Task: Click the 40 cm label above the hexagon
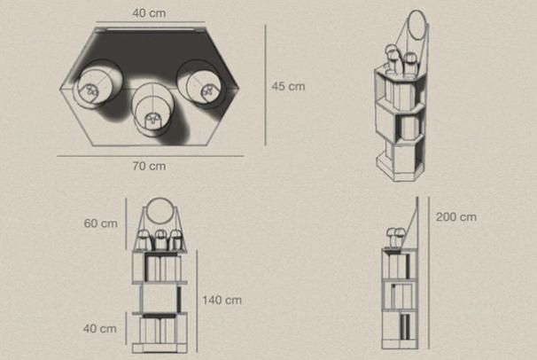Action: coord(150,13)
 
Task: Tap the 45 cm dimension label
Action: coord(288,86)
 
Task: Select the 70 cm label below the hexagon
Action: coord(150,166)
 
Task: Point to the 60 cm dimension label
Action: coord(101,223)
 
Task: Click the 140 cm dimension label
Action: coord(222,301)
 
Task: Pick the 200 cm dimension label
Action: coord(456,217)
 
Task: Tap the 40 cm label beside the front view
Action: coord(100,328)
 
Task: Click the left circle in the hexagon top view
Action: coord(99,82)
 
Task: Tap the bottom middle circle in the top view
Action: coord(152,106)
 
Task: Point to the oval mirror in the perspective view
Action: coord(418,26)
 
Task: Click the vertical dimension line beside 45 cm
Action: coord(266,85)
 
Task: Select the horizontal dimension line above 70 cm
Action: coord(151,156)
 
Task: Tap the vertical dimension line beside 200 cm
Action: coord(429,272)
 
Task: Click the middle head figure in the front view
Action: coord(160,239)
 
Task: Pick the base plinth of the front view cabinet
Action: coord(160,348)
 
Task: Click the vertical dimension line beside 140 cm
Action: coord(197,301)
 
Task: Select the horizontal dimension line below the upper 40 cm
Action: coord(150,22)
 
